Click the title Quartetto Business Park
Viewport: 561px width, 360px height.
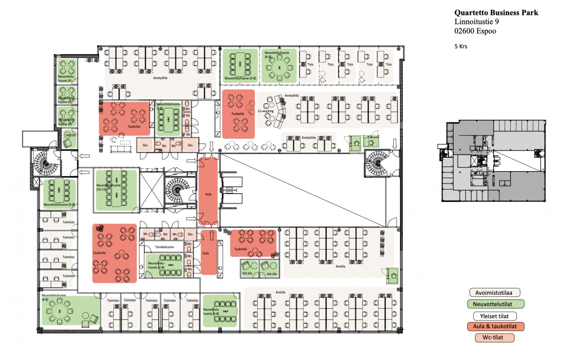tap(496, 13)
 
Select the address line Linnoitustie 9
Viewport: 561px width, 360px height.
tap(476, 22)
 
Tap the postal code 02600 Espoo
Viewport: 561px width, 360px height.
tap(475, 31)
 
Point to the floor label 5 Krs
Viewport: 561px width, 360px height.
tap(461, 46)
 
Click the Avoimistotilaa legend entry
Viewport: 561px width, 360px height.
tap(495, 293)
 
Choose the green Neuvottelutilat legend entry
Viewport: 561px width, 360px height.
tap(496, 304)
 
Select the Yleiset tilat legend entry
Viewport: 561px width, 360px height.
tap(494, 316)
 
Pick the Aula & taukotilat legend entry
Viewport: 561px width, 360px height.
tap(496, 326)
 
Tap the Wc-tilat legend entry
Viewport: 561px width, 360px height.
tap(493, 338)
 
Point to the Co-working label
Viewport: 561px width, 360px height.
tap(266, 111)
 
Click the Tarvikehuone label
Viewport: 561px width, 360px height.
tap(164, 247)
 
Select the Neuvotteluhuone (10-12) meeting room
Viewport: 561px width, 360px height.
tap(116, 190)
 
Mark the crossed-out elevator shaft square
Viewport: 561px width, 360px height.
tap(152, 190)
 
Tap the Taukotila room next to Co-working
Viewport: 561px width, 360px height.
tap(238, 114)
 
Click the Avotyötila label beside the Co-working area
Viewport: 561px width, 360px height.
tap(292, 96)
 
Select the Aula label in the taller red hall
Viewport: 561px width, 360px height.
tap(208, 194)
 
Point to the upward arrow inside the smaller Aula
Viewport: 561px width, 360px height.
tap(212, 236)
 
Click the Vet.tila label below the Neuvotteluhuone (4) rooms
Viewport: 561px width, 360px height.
tap(70, 135)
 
